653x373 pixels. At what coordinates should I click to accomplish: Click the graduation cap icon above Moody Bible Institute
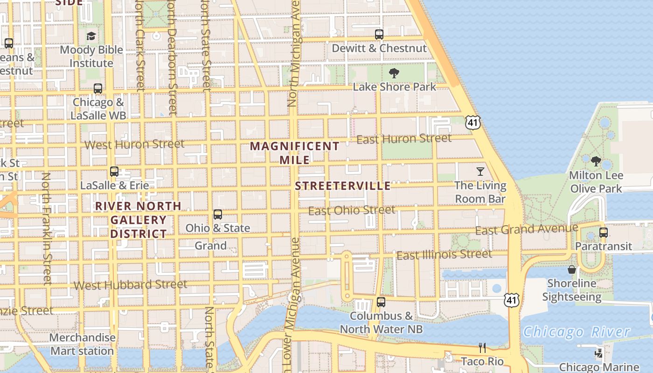click(x=91, y=36)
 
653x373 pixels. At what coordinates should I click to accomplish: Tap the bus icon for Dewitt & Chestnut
click(x=379, y=34)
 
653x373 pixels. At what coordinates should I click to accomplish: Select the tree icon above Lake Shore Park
click(x=394, y=73)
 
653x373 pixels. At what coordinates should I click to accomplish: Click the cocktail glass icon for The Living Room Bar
click(x=480, y=172)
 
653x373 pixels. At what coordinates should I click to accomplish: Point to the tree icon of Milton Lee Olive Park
click(x=596, y=161)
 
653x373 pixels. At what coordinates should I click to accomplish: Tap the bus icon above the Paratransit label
click(x=604, y=232)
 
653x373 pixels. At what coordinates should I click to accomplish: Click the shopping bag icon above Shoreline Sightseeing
click(x=572, y=269)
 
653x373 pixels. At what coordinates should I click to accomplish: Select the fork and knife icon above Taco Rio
click(x=482, y=348)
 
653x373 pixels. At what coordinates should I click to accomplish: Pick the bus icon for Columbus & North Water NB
click(x=381, y=302)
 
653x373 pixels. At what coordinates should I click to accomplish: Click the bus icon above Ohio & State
click(x=218, y=214)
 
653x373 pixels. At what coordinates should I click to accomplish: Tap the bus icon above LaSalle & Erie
click(x=114, y=172)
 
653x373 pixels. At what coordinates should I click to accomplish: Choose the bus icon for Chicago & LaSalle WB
click(x=98, y=88)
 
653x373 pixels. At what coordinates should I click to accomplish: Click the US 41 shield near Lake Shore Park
click(x=472, y=123)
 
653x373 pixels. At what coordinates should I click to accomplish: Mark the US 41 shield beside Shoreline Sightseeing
click(x=512, y=300)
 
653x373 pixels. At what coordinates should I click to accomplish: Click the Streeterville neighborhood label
click(x=343, y=186)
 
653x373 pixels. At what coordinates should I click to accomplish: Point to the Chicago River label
click(x=577, y=332)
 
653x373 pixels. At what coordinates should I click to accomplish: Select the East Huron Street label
click(x=404, y=138)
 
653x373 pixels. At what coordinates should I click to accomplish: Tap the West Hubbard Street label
click(x=131, y=284)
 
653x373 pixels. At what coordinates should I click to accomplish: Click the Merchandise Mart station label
click(x=82, y=344)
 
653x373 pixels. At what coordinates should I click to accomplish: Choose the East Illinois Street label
click(x=444, y=255)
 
